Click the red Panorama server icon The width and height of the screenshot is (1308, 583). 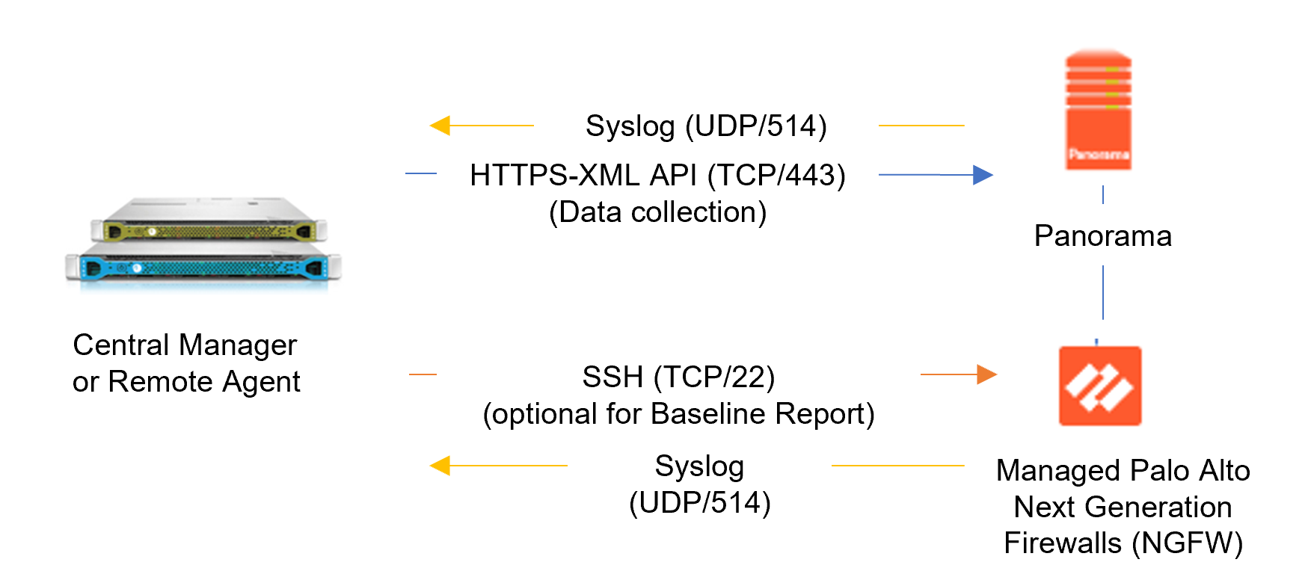pyautogui.click(x=1098, y=111)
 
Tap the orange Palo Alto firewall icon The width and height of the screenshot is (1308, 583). pyautogui.click(x=1100, y=386)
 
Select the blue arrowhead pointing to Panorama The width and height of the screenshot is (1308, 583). pyautogui.click(x=983, y=175)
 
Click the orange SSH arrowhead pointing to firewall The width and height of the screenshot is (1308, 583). pyautogui.click(x=986, y=374)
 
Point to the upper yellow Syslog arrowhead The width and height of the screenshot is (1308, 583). pyautogui.click(x=440, y=126)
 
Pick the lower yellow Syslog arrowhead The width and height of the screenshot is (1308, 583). pyautogui.click(x=440, y=466)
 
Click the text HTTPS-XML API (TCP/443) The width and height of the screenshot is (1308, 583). pyautogui.click(x=657, y=176)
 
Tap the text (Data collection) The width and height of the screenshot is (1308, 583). pyautogui.click(x=657, y=212)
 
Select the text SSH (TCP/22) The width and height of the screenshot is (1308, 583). pyautogui.click(x=678, y=377)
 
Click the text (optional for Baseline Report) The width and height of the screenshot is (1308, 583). pyautogui.click(x=678, y=414)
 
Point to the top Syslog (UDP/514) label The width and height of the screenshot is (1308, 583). pyautogui.click(x=706, y=126)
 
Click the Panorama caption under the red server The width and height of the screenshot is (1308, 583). pyautogui.click(x=1102, y=236)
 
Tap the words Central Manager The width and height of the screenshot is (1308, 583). pyautogui.click(x=185, y=345)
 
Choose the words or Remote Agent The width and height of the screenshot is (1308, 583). pyautogui.click(x=186, y=382)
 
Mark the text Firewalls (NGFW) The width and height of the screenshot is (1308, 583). pyautogui.click(x=1123, y=543)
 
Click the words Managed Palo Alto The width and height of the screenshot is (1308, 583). pyautogui.click(x=1123, y=471)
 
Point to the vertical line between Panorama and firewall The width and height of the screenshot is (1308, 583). pyautogui.click(x=1103, y=292)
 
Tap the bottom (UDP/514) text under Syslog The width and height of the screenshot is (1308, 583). pyautogui.click(x=699, y=503)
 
